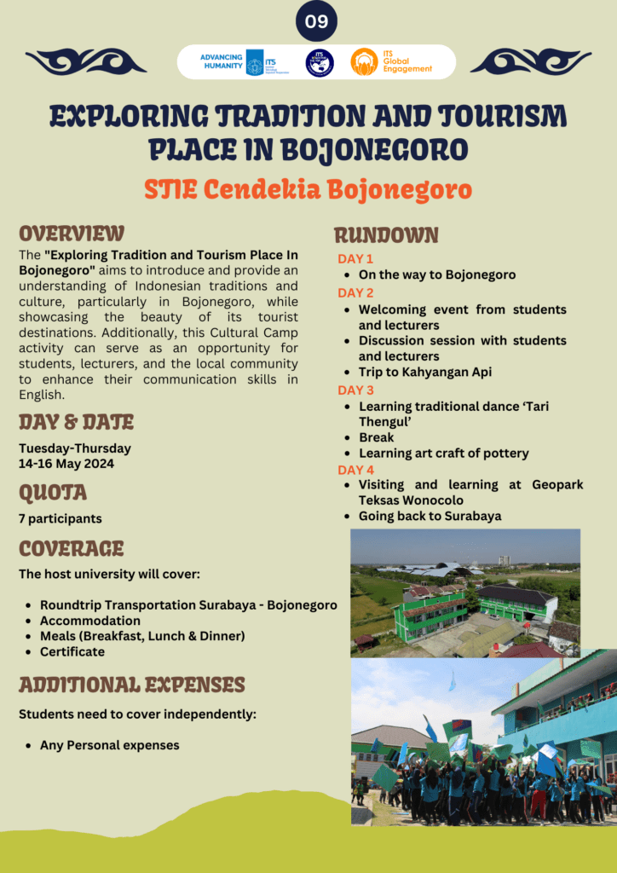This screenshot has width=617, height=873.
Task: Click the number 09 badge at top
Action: (316, 22)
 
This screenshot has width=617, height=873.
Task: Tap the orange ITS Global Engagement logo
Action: (391, 61)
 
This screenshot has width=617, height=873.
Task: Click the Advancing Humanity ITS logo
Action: (232, 62)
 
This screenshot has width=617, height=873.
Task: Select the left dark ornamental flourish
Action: (86, 61)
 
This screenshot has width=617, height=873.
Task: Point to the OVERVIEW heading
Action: (72, 234)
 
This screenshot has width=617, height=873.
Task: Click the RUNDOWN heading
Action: (386, 235)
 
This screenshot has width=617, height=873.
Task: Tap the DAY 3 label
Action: (355, 390)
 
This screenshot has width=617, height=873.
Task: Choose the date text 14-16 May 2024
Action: (66, 464)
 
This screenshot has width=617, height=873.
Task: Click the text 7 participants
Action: (60, 518)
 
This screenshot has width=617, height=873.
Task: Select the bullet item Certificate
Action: (72, 651)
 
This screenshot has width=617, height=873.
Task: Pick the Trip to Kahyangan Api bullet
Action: (424, 372)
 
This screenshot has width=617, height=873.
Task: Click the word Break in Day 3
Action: (377, 437)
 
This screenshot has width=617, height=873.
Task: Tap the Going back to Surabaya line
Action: (430, 516)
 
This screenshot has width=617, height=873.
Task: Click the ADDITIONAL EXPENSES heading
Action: (132, 685)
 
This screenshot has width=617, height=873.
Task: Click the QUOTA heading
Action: (53, 493)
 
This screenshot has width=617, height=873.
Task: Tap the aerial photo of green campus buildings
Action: (465, 593)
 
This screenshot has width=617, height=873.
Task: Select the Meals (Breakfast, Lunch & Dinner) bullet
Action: (142, 636)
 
